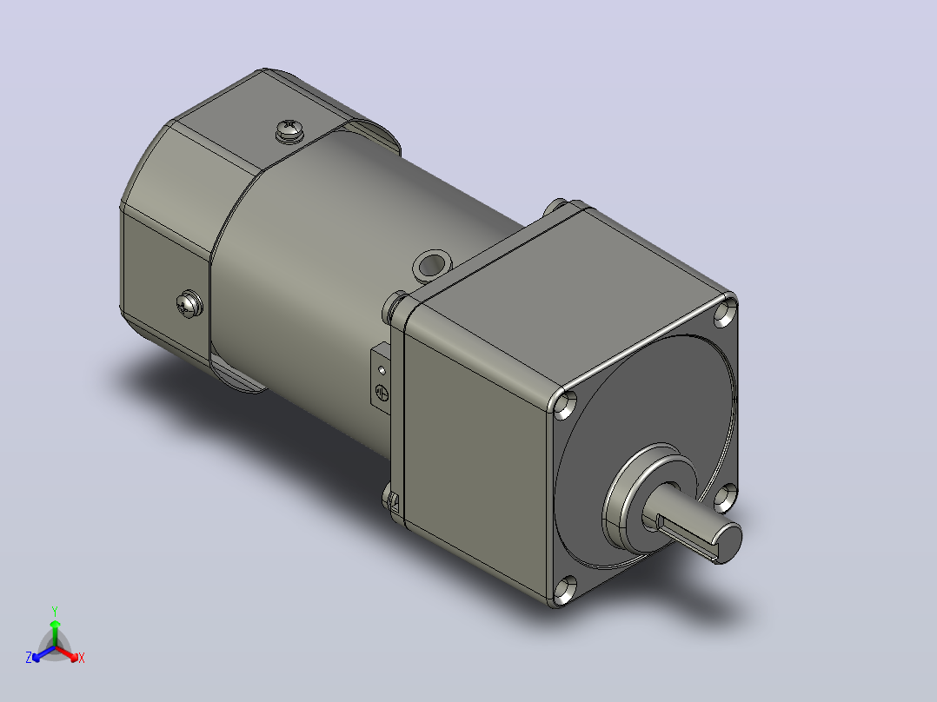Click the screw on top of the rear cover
[x=289, y=130]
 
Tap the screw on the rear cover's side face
[x=189, y=304]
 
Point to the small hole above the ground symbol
[x=382, y=371]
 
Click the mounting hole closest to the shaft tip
[x=725, y=497]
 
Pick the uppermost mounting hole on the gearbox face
[x=726, y=313]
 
